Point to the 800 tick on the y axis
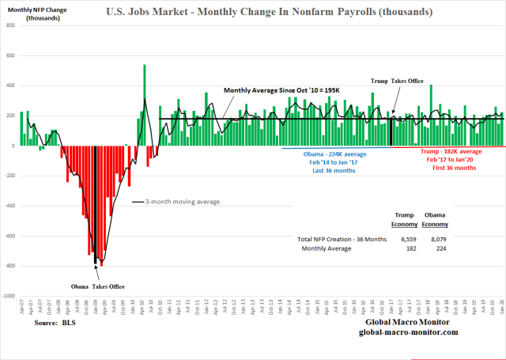pos(10,25)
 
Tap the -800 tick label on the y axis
pos(9,266)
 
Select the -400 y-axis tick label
pos(9,206)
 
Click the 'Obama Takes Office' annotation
pos(94,286)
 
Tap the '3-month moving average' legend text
pos(182,202)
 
